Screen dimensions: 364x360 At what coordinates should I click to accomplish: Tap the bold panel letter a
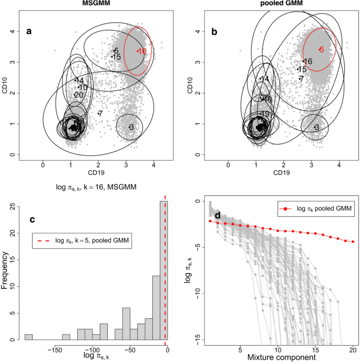[29, 32]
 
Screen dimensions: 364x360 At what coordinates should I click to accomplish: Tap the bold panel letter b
[214, 32]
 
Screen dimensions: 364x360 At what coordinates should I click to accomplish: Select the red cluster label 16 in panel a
[142, 51]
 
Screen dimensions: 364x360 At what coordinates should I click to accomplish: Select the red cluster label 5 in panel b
[321, 49]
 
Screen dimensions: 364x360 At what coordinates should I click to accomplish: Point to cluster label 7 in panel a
[100, 113]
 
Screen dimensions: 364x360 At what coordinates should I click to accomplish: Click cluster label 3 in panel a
[131, 127]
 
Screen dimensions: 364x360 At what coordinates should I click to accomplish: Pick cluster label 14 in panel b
[265, 78]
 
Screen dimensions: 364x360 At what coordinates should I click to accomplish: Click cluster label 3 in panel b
[316, 127]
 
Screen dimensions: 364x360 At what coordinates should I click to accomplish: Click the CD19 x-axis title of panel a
[98, 172]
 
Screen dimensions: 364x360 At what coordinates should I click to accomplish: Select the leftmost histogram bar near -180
[28, 337]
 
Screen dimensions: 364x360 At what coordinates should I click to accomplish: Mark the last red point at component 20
[353, 242]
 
